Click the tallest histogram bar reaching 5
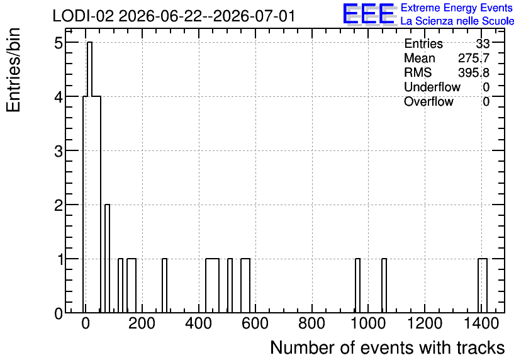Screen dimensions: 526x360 [89, 177]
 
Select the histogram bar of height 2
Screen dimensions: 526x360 [108, 258]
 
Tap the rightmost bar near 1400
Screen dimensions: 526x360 [483, 286]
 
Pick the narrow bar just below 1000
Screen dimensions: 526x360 [357, 286]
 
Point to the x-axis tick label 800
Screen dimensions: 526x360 [312, 323]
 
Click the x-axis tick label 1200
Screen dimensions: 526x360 [425, 323]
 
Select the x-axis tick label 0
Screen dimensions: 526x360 [86, 323]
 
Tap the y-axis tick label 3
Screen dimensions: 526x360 [59, 152]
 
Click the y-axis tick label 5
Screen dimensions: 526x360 [59, 43]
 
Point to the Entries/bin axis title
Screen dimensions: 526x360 [14, 70]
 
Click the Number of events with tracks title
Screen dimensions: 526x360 [388, 347]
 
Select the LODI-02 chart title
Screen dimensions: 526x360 [174, 16]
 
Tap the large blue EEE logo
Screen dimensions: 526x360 [369, 14]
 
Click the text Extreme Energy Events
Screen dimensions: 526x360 [457, 8]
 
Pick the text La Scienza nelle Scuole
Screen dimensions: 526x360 [457, 21]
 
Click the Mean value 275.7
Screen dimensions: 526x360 [474, 58]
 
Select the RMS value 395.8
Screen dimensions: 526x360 [474, 72]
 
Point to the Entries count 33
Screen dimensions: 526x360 [483, 43]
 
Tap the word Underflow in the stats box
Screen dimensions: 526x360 [432, 87]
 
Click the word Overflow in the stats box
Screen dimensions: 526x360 [428, 101]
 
